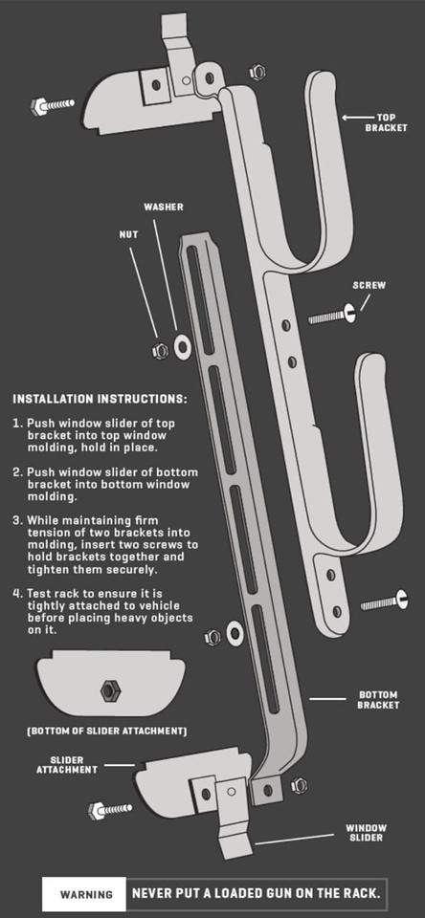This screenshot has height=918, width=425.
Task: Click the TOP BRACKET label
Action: pyautogui.click(x=386, y=122)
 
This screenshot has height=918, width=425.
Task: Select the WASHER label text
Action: pyautogui.click(x=164, y=208)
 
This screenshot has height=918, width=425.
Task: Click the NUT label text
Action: pyautogui.click(x=129, y=234)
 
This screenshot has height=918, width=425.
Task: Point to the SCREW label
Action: pyautogui.click(x=369, y=286)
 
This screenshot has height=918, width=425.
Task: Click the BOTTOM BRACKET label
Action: pyautogui.click(x=378, y=700)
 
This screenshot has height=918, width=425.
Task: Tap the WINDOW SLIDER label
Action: pyautogui.click(x=366, y=833)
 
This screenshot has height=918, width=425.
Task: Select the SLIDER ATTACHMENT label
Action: pyautogui.click(x=67, y=765)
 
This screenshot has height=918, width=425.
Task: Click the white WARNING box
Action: pyautogui.click(x=84, y=894)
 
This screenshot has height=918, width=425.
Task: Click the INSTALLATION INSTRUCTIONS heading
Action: pyautogui.click(x=101, y=400)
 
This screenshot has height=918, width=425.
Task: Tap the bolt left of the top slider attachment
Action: pyautogui.click(x=53, y=106)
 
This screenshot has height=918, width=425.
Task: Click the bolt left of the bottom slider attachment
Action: pyautogui.click(x=110, y=810)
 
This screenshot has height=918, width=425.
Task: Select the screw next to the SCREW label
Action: pyautogui.click(x=332, y=316)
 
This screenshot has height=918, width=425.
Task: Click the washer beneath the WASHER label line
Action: pyautogui.click(x=182, y=347)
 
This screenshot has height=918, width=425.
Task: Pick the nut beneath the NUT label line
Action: pyautogui.click(x=160, y=351)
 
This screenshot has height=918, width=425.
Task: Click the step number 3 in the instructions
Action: pyautogui.click(x=16, y=520)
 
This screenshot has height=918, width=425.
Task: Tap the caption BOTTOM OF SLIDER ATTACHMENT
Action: pyautogui.click(x=106, y=732)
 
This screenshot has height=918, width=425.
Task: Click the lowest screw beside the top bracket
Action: pyautogui.click(x=384, y=601)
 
